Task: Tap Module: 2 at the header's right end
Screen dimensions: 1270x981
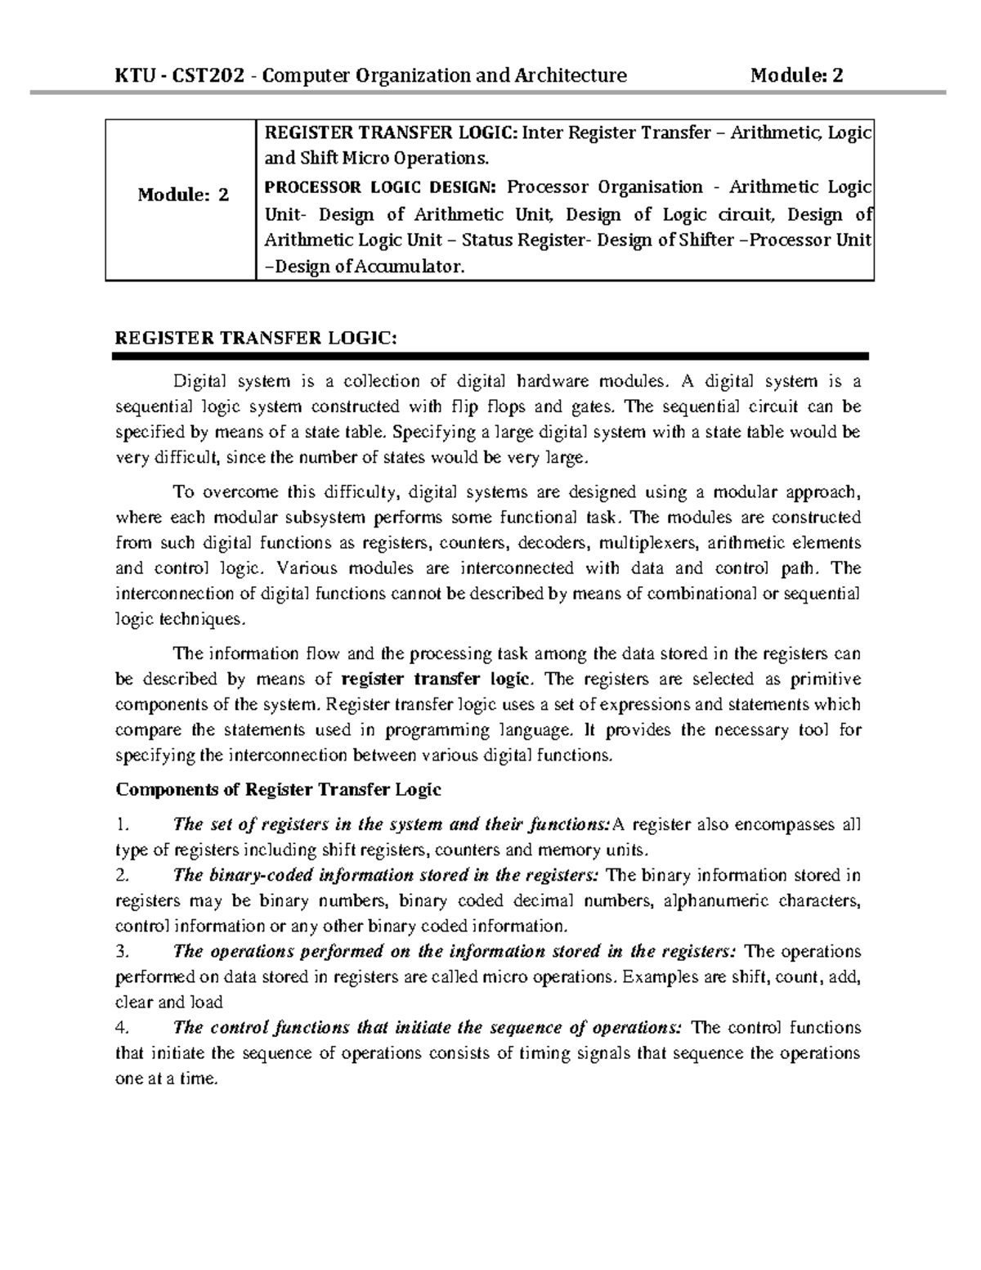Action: click(796, 76)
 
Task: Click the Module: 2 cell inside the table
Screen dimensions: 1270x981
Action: click(183, 195)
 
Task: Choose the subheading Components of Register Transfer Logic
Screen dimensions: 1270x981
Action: click(279, 789)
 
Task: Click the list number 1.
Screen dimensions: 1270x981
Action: click(121, 824)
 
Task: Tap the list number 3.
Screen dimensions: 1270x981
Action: click(122, 951)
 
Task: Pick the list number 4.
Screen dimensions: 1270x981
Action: click(122, 1027)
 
